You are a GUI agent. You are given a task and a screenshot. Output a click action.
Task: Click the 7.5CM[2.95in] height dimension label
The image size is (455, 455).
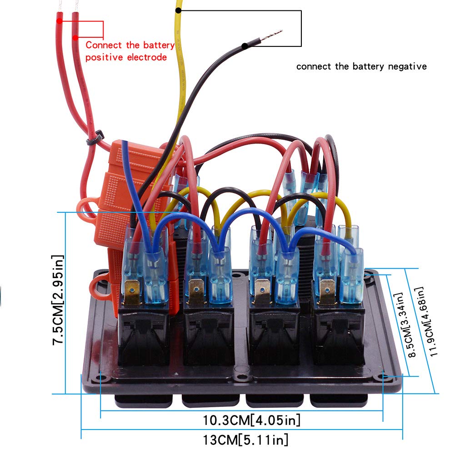(x=58, y=300)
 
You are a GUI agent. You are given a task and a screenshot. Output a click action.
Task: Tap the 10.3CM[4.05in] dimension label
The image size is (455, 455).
(x=251, y=420)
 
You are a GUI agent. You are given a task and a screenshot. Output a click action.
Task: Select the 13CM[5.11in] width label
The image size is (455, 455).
(x=245, y=440)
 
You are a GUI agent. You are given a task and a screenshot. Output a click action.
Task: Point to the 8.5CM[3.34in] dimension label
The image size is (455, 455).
(x=405, y=325)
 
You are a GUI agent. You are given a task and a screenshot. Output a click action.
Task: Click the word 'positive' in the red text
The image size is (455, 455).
(x=104, y=57)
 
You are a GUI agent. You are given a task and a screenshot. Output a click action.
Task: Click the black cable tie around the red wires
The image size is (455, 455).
(x=95, y=138)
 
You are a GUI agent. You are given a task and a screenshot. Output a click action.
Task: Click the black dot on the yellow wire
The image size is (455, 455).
(x=178, y=10)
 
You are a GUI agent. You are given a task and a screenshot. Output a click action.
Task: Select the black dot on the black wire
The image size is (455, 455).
(x=245, y=46)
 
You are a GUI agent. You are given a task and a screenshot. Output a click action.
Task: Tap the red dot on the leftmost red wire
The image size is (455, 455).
(x=60, y=21)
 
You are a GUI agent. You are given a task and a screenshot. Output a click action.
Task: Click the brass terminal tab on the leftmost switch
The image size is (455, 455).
(x=132, y=291)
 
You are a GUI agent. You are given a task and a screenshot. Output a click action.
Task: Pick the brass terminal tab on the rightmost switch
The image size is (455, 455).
(x=327, y=291)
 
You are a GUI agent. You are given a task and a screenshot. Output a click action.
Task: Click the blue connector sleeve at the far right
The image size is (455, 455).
(x=352, y=275)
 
